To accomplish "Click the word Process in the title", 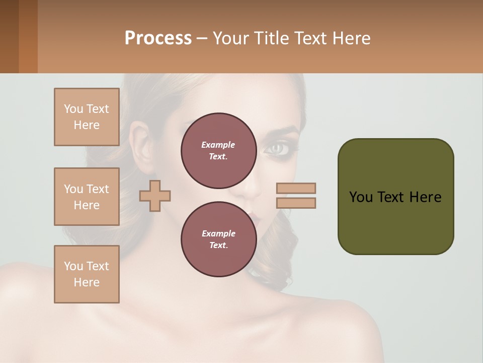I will [x=158, y=38].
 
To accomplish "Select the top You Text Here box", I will [x=87, y=117].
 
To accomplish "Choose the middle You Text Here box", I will [x=87, y=197].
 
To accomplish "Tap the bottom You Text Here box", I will [x=87, y=274].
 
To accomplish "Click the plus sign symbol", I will [x=155, y=196].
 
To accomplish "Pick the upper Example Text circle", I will [x=218, y=151].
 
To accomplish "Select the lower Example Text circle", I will [x=218, y=239].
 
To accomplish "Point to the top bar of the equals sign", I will [x=296, y=188].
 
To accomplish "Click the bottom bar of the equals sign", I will [x=296, y=203].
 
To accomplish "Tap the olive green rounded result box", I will [x=395, y=197].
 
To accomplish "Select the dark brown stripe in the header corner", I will [x=9, y=36].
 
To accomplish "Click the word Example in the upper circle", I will [x=218, y=145].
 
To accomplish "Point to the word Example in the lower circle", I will [x=218, y=233].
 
